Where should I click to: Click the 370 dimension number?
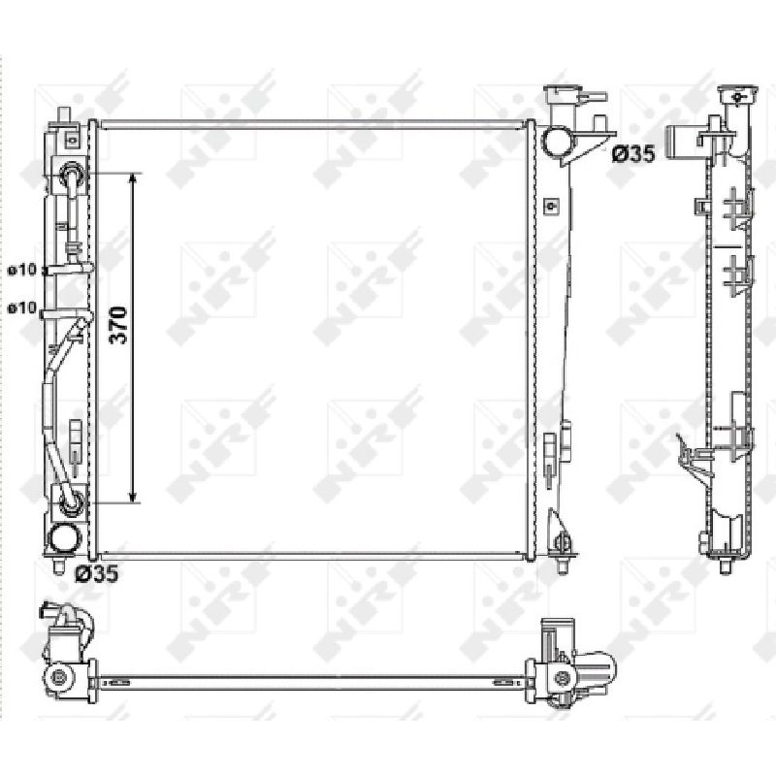pyautogui.click(x=118, y=325)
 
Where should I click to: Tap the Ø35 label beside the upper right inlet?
pyautogui.click(x=633, y=154)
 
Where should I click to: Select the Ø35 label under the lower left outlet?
pyautogui.click(x=96, y=573)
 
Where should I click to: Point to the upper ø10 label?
pyautogui.click(x=22, y=270)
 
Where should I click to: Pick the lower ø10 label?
pyautogui.click(x=22, y=307)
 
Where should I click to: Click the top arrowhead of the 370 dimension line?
pyautogui.click(x=133, y=178)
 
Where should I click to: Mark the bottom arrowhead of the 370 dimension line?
pyautogui.click(x=133, y=497)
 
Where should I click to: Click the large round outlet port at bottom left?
pyautogui.click(x=65, y=538)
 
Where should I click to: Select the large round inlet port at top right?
pyautogui.click(x=559, y=140)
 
